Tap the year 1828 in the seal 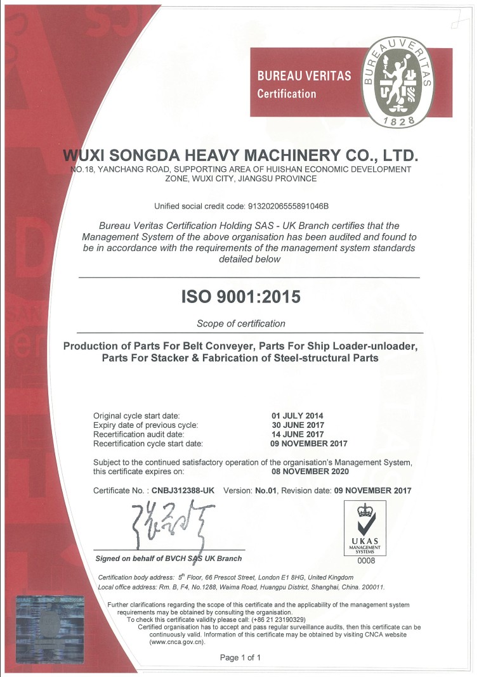pos(399,120)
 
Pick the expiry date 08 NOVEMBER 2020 pos(309,471)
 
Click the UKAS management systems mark pos(365,527)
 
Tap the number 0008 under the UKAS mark pos(365,561)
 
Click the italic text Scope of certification pos(241,324)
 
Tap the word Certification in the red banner pos(286,94)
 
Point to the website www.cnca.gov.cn pos(178,642)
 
